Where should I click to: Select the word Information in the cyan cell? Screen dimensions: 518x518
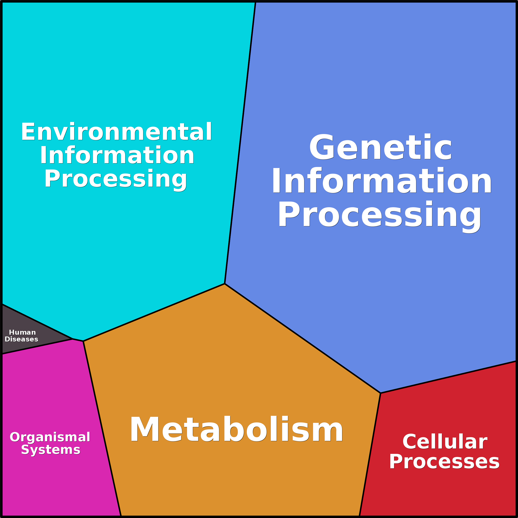coord(117,155)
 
